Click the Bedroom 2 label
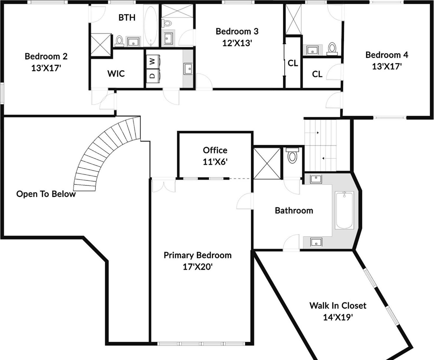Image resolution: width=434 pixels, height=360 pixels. point(46,56)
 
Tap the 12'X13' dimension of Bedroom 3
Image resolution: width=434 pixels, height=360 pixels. point(237,43)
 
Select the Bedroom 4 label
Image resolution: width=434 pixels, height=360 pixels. point(387,55)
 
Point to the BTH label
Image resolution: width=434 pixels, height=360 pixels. point(127,18)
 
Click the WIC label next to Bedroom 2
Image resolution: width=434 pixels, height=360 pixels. point(116,74)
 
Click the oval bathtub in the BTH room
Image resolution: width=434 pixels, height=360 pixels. point(151,26)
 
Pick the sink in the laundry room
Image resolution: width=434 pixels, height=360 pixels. point(188,68)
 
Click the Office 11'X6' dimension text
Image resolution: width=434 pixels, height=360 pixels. point(215,162)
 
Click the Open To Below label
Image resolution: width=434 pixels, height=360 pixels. point(46,194)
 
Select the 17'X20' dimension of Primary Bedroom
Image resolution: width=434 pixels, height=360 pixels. point(197,267)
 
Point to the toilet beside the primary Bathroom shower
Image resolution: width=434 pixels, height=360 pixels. point(292,156)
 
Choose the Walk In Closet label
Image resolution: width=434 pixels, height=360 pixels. point(338,306)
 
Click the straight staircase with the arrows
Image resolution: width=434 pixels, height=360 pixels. point(321,145)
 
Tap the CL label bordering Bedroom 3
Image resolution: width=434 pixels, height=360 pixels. point(293,63)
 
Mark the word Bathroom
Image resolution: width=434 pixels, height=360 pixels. point(294,210)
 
